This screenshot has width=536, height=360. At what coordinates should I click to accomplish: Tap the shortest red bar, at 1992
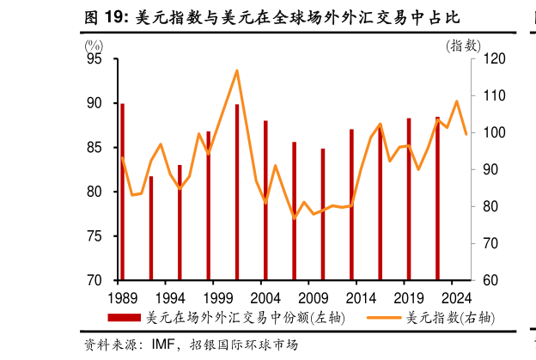click(x=151, y=228)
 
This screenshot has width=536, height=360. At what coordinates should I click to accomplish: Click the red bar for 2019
click(x=409, y=198)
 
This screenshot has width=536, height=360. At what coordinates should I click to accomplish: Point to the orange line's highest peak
click(x=237, y=70)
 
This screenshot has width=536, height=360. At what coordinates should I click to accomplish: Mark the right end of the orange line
click(x=466, y=134)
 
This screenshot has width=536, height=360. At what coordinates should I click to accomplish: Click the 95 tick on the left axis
click(x=94, y=58)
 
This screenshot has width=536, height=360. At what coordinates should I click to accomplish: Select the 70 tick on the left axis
click(x=94, y=281)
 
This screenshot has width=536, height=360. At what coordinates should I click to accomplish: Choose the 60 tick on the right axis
click(x=488, y=281)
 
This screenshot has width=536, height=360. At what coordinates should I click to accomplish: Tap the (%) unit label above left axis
click(x=92, y=45)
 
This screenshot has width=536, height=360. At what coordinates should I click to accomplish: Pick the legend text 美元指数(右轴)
click(x=450, y=318)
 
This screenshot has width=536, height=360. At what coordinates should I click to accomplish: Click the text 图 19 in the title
click(x=103, y=16)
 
